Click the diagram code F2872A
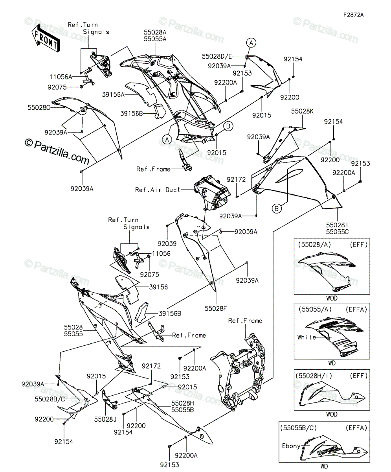[x=354, y=15]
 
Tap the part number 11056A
[x=61, y=77]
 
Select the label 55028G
[x=39, y=108]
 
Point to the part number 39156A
[x=113, y=94]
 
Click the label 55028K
[x=302, y=111]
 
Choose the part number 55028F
[x=216, y=308]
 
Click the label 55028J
[x=105, y=420]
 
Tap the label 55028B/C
[x=50, y=399]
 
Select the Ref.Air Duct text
[x=158, y=190]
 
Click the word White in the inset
[x=307, y=337]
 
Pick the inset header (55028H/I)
[x=314, y=376]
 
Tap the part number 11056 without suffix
[x=161, y=253]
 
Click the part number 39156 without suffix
[x=159, y=287]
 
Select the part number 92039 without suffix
[x=167, y=244]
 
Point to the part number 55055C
[x=338, y=232]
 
